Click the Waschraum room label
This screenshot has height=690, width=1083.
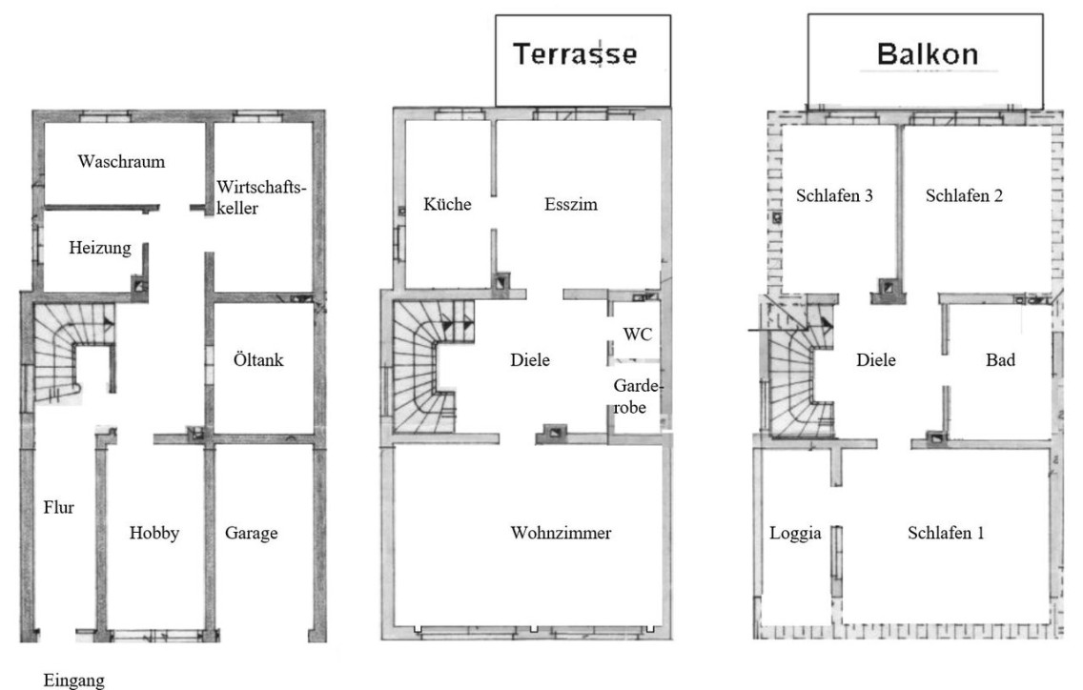point(122,162)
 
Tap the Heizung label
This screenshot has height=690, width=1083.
point(100,248)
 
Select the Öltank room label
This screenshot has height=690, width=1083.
point(258,359)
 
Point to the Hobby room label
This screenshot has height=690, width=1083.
point(154,533)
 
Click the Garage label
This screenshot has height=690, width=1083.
point(252,533)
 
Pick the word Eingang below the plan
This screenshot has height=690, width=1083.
point(74,680)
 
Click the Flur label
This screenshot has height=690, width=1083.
point(59,508)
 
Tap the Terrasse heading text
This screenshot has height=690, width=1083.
point(576,54)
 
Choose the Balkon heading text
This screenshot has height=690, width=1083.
point(928,54)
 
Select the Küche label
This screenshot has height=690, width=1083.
point(447,204)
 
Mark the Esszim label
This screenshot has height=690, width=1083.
point(570,205)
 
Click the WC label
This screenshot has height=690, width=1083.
point(638,335)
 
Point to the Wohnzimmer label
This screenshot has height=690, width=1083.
point(561,533)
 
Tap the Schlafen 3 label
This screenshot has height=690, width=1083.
point(834,195)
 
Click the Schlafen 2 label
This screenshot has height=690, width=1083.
point(964,195)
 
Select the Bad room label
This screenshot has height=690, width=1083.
point(1000,360)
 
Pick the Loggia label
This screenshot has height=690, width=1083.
point(796,533)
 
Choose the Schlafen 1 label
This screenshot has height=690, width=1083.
point(946,533)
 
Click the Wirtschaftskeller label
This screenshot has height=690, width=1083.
point(261,197)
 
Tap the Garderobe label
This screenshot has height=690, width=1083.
point(638,396)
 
